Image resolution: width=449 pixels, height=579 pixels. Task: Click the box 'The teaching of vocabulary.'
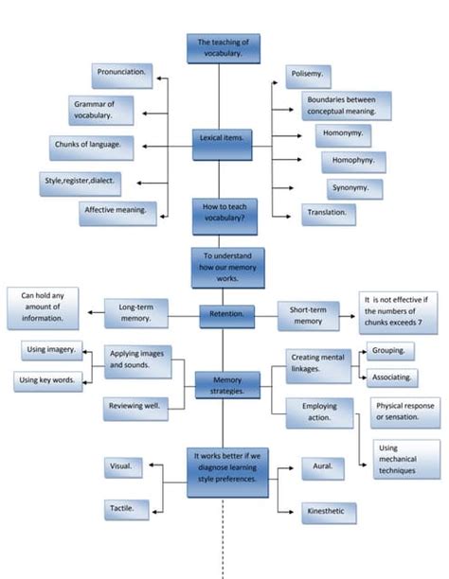[x=223, y=48]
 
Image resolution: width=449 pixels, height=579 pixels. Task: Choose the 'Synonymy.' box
[x=355, y=188]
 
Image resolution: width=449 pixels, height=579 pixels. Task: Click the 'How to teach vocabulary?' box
[x=224, y=216]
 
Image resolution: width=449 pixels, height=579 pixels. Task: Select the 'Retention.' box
[x=226, y=315]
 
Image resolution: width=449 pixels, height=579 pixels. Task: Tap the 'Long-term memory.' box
[x=136, y=313]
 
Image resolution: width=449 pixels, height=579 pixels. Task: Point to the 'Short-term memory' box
[x=308, y=316]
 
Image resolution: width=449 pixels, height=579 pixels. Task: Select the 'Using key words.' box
[x=48, y=381]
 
